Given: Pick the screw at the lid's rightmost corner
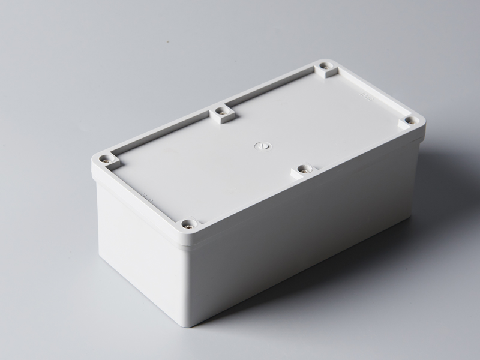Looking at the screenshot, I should (x=409, y=121).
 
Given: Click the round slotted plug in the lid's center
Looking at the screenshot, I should (x=261, y=144).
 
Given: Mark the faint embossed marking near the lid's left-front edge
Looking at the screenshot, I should (x=146, y=194).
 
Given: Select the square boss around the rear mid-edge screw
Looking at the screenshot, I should (x=222, y=113).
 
